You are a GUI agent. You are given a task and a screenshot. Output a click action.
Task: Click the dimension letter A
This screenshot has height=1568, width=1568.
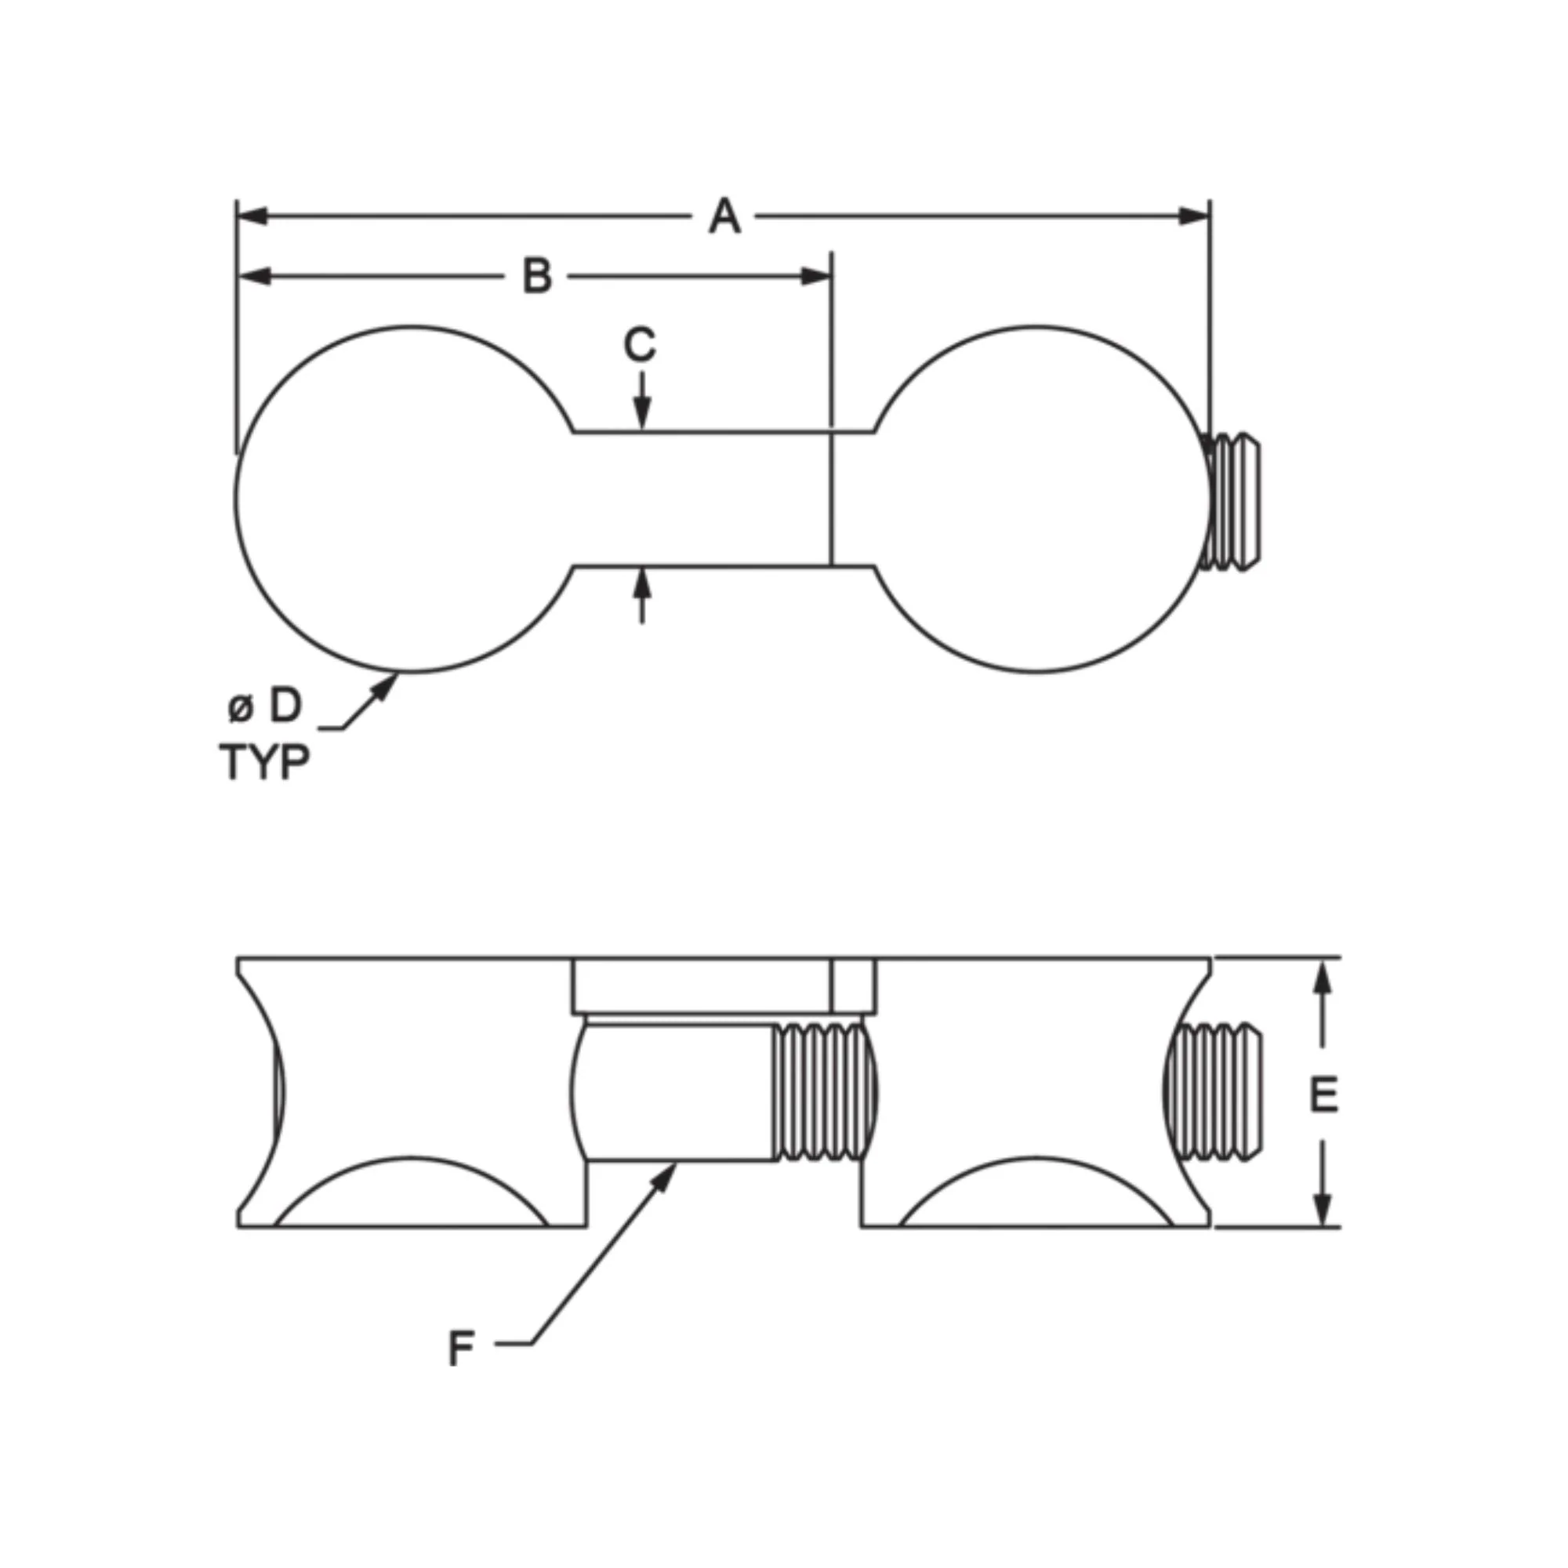tap(724, 216)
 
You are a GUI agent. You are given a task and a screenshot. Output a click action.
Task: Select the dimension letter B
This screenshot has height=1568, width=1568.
tap(537, 277)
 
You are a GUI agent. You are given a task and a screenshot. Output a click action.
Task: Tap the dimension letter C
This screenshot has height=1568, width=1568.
tap(641, 344)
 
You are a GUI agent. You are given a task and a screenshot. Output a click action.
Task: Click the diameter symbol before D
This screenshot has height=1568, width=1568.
tap(240, 709)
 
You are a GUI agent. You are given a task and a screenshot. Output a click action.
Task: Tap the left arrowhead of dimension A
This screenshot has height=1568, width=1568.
tap(253, 216)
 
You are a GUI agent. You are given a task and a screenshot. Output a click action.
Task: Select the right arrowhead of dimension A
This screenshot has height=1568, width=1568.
tap(1194, 216)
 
